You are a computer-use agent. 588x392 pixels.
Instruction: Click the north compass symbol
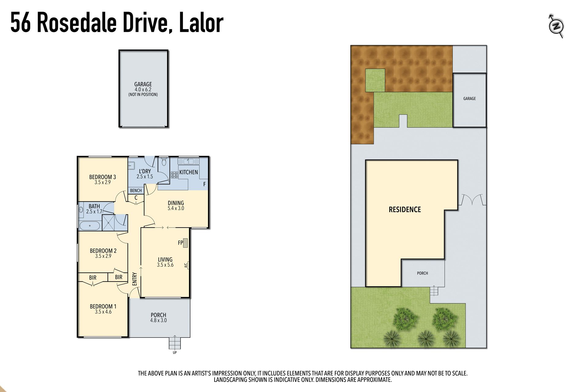point(556,26)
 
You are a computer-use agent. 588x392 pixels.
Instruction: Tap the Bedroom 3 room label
point(103,177)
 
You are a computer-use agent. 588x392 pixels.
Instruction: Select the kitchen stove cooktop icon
point(175,175)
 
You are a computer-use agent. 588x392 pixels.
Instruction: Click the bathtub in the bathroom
point(90,226)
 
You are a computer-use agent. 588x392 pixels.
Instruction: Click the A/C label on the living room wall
point(186,266)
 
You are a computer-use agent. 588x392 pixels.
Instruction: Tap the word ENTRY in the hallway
point(134,279)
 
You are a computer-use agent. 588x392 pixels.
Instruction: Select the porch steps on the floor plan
point(175,342)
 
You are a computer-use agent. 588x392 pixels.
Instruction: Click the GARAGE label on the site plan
point(469,99)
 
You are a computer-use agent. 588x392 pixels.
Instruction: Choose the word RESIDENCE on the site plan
point(405,209)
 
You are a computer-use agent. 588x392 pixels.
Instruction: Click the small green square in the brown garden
point(375,80)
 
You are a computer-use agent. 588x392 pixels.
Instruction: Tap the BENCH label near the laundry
point(136,190)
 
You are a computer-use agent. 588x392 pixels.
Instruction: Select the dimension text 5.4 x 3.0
point(176,208)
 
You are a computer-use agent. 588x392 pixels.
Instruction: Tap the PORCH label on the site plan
point(423,273)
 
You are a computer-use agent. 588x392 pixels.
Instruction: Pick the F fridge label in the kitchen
point(205,184)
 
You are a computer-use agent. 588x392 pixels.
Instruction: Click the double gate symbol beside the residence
point(472,199)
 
